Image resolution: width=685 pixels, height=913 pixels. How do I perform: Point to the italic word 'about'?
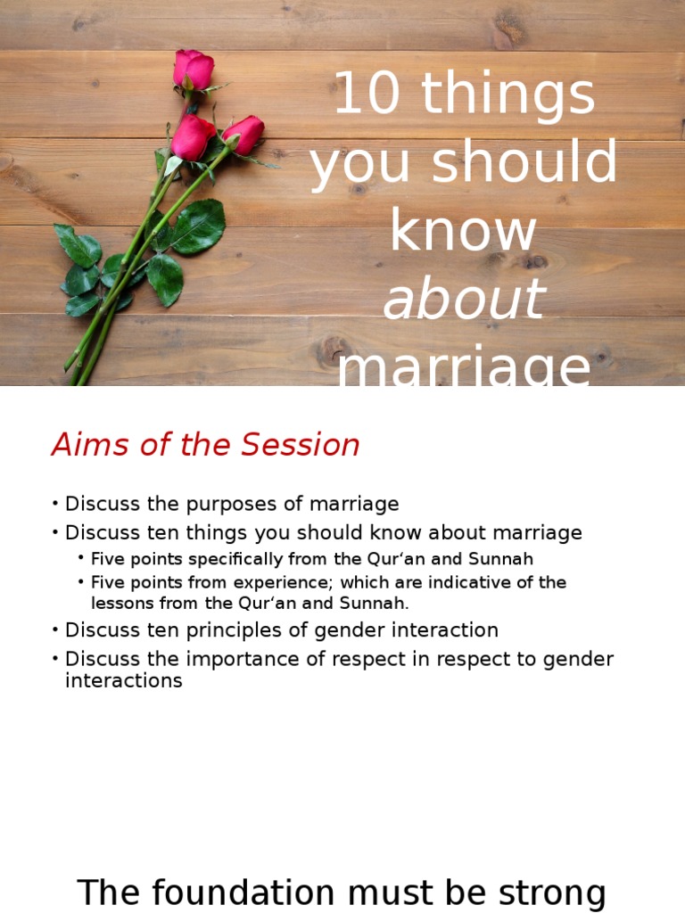coord(463,298)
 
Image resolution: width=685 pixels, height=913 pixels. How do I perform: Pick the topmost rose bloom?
coord(194,69)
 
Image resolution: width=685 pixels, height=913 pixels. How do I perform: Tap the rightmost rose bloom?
coord(243,134)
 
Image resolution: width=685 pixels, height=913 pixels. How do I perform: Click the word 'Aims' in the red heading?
coord(87,445)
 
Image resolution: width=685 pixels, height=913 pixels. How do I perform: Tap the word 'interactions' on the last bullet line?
coord(123,681)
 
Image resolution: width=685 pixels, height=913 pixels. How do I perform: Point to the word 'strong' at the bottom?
coord(549,892)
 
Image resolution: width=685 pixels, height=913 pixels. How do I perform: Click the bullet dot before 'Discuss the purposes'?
coord(55,505)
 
